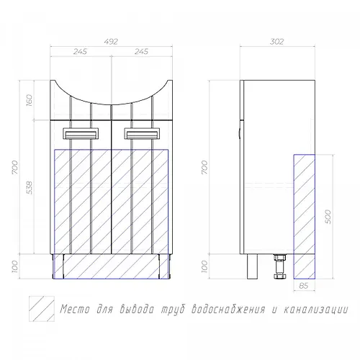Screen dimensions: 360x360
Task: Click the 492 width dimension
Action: pyautogui.click(x=111, y=42)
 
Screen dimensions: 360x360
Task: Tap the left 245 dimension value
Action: pyautogui.click(x=80, y=51)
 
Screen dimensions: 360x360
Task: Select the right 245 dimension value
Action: pyautogui.click(x=141, y=51)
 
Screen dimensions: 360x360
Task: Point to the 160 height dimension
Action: pyautogui.click(x=29, y=100)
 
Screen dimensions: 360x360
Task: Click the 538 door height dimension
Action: pyautogui.click(x=29, y=188)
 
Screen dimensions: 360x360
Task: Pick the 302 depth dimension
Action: pyautogui.click(x=277, y=42)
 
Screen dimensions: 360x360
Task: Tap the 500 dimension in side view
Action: pyautogui.click(x=328, y=217)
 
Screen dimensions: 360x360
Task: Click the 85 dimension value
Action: pyautogui.click(x=304, y=286)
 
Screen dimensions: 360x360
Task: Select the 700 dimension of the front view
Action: pyautogui.click(x=15, y=167)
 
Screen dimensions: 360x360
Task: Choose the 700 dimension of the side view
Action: pyautogui.click(x=204, y=167)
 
